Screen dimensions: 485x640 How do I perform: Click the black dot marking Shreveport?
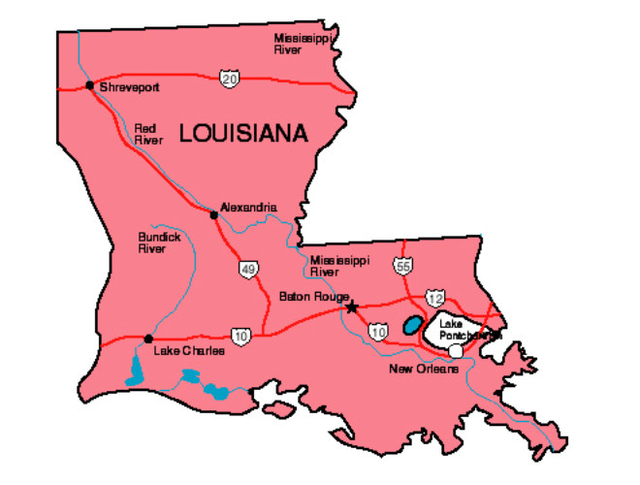pos(89,85)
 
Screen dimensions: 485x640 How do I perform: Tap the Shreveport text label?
pos(128,86)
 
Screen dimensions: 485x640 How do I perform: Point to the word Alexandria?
pos(248,207)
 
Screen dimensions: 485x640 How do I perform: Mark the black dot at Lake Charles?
pos(147,339)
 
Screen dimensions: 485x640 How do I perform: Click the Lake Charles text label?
pos(189,350)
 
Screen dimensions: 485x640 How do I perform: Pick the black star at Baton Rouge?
pos(352,307)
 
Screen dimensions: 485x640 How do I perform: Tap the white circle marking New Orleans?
pos(456,350)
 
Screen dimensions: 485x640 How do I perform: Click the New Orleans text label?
pos(422,370)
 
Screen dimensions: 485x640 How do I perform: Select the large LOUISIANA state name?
pos(243,133)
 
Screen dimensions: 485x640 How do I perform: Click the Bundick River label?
pos(152,242)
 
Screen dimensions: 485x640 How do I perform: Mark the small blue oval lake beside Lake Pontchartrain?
pos(412,324)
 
